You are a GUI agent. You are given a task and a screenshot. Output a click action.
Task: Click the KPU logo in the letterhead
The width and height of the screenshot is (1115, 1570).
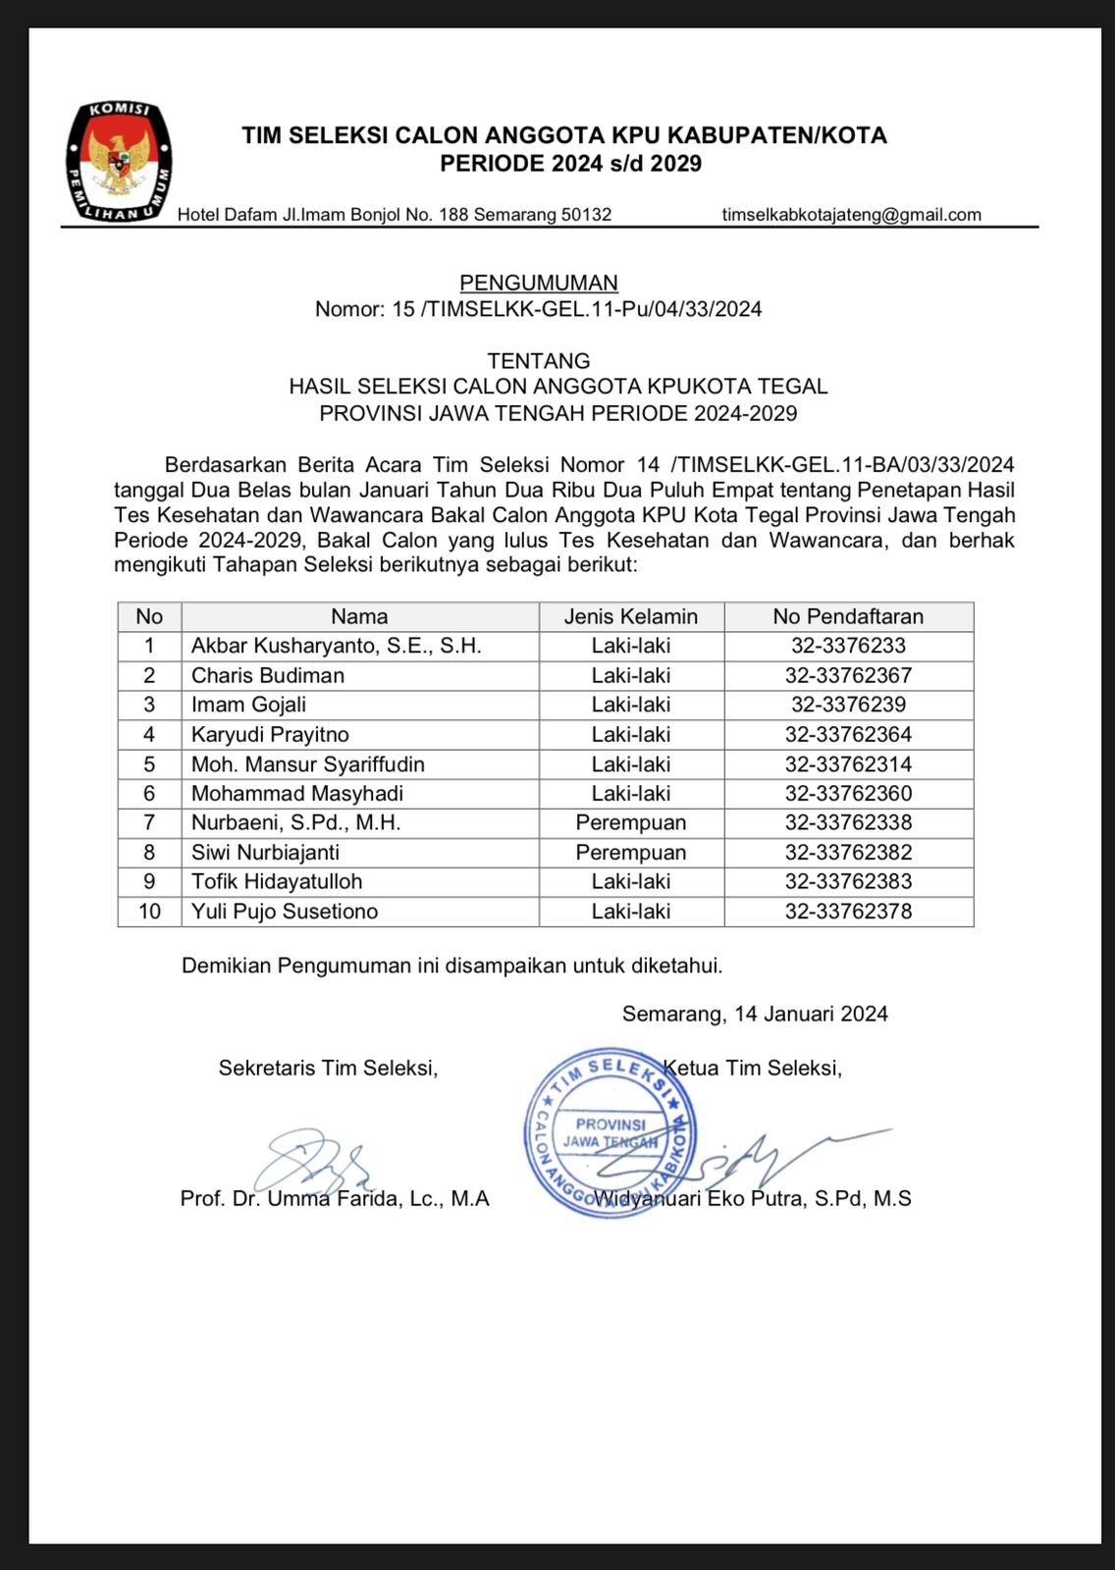pyautogui.click(x=119, y=161)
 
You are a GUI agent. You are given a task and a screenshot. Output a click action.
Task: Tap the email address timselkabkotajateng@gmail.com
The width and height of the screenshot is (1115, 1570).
pyautogui.click(x=851, y=215)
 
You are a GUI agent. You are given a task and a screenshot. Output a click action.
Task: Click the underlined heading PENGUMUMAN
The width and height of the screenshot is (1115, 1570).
pyautogui.click(x=539, y=284)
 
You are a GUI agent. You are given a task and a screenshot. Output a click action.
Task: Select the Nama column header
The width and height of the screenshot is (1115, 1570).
pyautogui.click(x=359, y=616)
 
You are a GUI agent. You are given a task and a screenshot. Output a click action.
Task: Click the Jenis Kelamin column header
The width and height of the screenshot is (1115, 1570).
pyautogui.click(x=631, y=616)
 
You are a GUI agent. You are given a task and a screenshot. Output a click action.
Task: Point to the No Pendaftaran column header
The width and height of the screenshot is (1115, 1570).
pyautogui.click(x=848, y=616)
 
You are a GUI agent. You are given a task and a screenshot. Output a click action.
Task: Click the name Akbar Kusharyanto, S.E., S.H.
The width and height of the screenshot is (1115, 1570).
pyautogui.click(x=336, y=646)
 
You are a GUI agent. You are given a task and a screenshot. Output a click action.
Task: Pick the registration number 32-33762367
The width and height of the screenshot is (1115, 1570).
pyautogui.click(x=848, y=675)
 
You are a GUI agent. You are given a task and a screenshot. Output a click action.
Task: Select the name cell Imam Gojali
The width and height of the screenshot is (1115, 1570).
pyautogui.click(x=248, y=705)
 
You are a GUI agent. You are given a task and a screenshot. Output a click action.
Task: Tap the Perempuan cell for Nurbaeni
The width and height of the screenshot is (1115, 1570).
pyautogui.click(x=631, y=822)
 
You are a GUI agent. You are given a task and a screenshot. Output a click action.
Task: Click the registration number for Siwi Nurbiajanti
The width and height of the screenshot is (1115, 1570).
pyautogui.click(x=848, y=852)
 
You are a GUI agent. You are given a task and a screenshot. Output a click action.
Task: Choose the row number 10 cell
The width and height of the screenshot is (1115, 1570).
pyautogui.click(x=149, y=911)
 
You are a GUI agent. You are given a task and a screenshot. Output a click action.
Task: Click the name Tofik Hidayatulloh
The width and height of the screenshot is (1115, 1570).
pyautogui.click(x=277, y=881)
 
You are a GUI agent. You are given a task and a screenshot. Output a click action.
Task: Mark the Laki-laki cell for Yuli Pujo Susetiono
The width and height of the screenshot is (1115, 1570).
pyautogui.click(x=631, y=911)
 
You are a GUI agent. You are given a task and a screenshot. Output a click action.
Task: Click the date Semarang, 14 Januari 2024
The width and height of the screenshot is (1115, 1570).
pyautogui.click(x=755, y=1014)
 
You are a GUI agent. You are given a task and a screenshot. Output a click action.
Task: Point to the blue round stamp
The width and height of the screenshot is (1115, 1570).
pyautogui.click(x=611, y=1131)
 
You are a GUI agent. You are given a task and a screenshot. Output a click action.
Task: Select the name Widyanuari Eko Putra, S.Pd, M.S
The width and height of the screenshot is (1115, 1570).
pyautogui.click(x=753, y=1198)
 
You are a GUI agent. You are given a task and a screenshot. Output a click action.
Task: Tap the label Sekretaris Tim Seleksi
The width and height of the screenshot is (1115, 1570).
pyautogui.click(x=328, y=1068)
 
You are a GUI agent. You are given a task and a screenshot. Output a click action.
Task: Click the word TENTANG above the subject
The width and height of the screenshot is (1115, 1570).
pyautogui.click(x=539, y=360)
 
